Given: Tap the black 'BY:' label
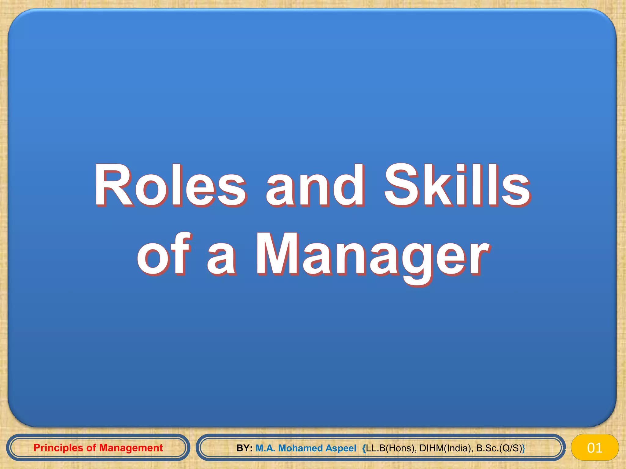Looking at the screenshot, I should (244, 448).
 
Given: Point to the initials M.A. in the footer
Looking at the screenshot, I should (265, 448).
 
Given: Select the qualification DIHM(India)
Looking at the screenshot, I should (446, 448).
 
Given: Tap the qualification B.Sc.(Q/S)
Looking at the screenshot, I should (499, 448).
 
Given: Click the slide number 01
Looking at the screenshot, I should (595, 448).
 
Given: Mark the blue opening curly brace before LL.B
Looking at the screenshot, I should (364, 448).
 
